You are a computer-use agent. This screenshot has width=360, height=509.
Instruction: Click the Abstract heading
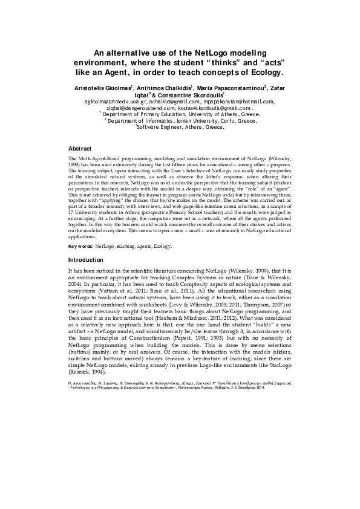(x=80, y=148)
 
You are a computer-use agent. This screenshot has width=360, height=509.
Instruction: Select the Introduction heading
(x=87, y=259)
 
